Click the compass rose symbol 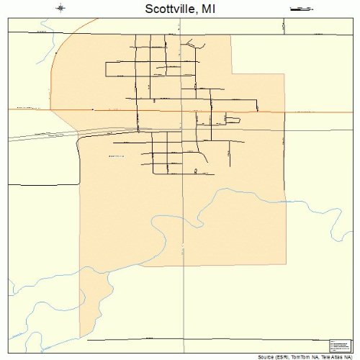(x=60, y=9)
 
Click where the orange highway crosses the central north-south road (x=181, y=112)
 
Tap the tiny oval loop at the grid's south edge (x=195, y=171)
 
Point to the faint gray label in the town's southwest (x=116, y=156)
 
